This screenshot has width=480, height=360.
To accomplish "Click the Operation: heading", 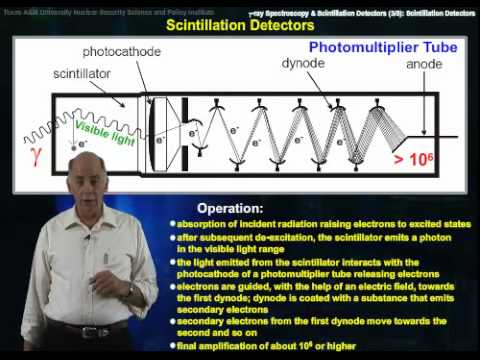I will [230, 208].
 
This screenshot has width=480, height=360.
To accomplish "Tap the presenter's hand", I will [129, 291].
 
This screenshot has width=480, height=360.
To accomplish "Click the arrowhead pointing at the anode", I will [425, 132].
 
